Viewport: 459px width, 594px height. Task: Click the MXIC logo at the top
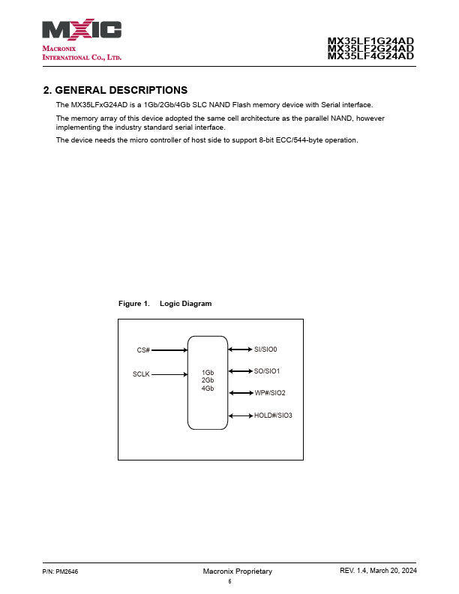(x=82, y=30)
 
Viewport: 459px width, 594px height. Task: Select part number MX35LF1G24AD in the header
(x=370, y=41)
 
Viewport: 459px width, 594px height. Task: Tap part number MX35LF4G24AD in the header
(x=370, y=55)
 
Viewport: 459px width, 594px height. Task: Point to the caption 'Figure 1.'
(x=134, y=304)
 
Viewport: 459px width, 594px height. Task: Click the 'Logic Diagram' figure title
(x=186, y=304)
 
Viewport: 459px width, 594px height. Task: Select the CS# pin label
(x=143, y=350)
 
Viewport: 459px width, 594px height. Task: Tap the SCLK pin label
(x=141, y=373)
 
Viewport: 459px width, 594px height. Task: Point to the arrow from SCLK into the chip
(x=169, y=373)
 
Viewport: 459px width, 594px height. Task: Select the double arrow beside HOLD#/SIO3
(x=241, y=415)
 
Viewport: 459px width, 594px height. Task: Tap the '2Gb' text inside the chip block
(x=208, y=380)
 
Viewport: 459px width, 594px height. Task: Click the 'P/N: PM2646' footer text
(x=61, y=571)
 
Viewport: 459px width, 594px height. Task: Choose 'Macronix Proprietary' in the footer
(x=237, y=571)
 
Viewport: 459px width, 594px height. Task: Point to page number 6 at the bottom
(x=229, y=581)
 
